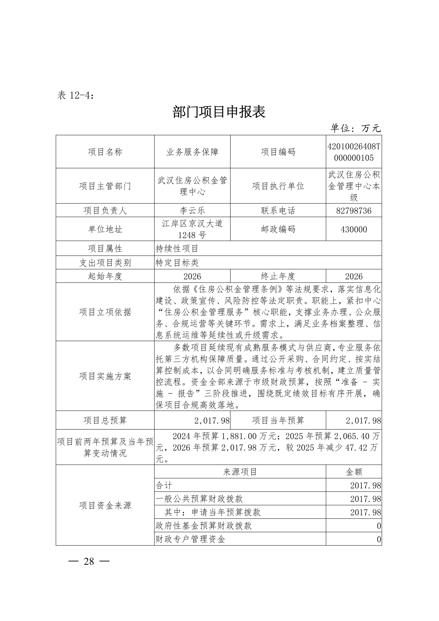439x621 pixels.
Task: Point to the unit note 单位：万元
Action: pyautogui.click(x=355, y=128)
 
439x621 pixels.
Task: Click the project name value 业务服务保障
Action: pyautogui.click(x=192, y=152)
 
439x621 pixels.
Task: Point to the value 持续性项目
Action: pyautogui.click(x=177, y=248)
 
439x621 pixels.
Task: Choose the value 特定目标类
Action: pyautogui.click(x=177, y=262)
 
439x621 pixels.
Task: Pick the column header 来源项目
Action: pyautogui.click(x=240, y=472)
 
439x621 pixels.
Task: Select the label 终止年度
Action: pyautogui.click(x=278, y=276)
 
